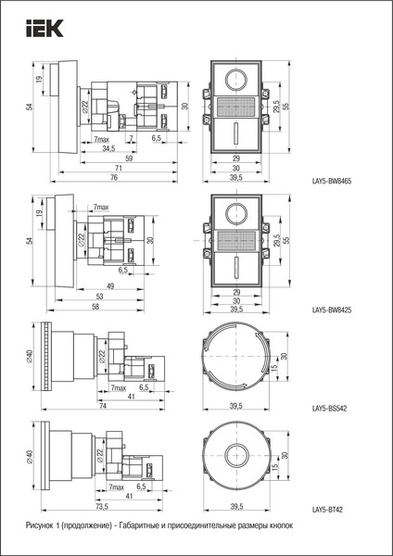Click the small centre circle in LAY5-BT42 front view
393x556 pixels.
tap(235, 456)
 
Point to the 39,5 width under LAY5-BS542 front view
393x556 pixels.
tap(235, 406)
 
